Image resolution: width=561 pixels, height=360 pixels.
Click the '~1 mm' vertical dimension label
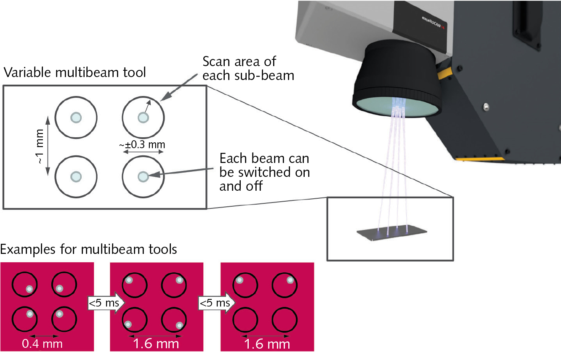tap(40, 147)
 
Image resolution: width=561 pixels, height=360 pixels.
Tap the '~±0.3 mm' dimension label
tap(142, 144)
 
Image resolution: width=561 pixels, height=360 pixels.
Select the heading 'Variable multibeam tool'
tap(74, 73)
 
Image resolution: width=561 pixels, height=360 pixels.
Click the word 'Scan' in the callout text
tap(216, 61)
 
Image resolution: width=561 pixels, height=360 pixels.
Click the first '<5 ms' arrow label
tap(104, 303)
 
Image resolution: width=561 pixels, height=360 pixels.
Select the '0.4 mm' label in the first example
tap(42, 344)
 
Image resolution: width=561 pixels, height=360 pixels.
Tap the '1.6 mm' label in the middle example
tap(156, 344)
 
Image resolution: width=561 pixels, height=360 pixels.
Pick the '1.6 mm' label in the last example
tap(267, 344)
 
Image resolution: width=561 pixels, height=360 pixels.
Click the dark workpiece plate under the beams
tap(392, 232)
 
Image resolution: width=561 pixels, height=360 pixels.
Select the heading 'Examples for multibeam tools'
tap(88, 250)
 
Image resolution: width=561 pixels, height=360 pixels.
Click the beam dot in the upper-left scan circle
tap(76, 117)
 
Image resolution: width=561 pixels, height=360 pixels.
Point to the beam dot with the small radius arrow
tap(143, 117)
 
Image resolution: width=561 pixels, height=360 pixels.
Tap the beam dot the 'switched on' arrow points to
tap(143, 176)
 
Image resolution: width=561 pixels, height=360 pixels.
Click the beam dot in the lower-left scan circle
tap(76, 176)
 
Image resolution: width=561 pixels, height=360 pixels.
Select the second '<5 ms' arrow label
tap(215, 303)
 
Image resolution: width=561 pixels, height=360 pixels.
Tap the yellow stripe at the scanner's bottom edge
tap(480, 159)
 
